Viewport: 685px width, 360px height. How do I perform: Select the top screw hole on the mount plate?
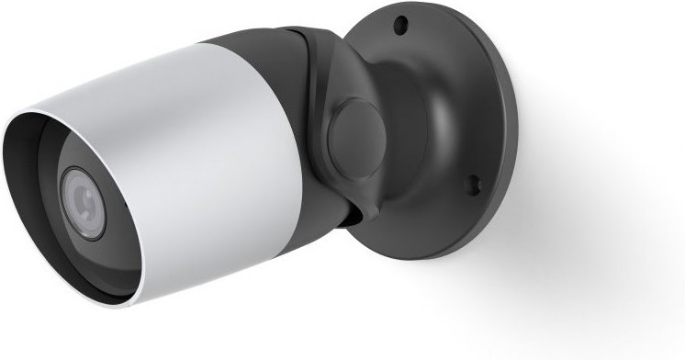pos(400,25)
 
